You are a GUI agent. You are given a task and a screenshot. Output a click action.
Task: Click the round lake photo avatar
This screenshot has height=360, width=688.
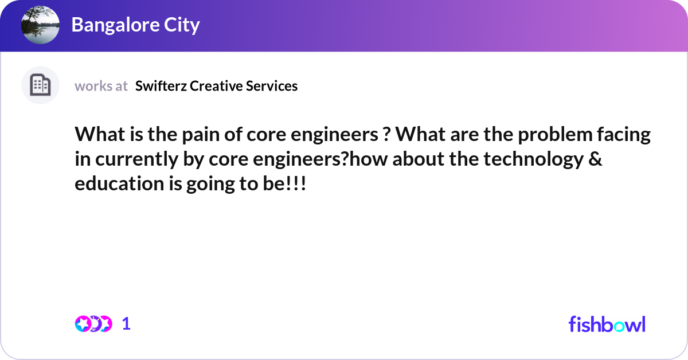tap(40, 25)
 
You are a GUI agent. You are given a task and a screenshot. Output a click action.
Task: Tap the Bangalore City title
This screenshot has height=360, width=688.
tap(135, 25)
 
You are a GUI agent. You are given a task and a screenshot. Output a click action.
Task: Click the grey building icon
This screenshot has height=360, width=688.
tap(40, 85)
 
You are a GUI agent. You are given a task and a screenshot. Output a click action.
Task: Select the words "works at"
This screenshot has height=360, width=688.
tap(101, 86)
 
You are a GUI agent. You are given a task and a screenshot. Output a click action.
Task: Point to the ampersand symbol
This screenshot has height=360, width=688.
tap(596, 160)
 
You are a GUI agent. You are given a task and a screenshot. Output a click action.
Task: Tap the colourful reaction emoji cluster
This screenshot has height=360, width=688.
tap(93, 324)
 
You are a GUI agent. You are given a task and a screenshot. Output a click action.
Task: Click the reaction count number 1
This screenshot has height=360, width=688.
tap(126, 324)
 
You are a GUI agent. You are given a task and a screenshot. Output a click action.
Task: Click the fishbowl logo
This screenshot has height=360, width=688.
tap(607, 324)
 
